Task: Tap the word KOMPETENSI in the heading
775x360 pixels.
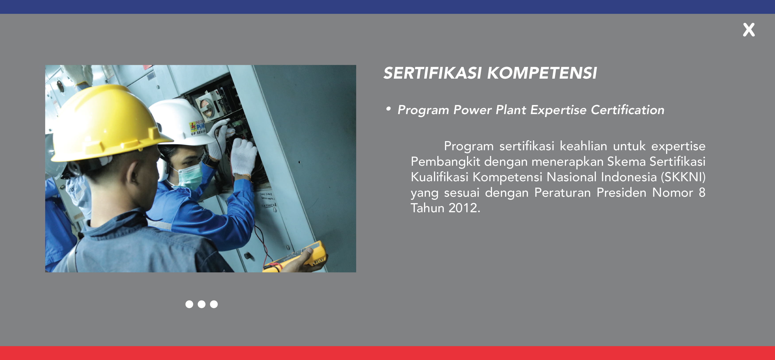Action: coord(542,73)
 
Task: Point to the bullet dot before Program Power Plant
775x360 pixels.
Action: coord(389,109)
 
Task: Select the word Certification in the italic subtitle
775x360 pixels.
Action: coord(628,110)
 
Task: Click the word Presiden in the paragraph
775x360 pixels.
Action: coord(621,192)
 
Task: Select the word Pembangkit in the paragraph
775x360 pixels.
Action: coord(445,162)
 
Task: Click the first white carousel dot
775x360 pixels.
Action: coord(189,304)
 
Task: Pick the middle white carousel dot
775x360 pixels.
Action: coord(201,304)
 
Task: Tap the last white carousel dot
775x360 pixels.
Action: coord(214,304)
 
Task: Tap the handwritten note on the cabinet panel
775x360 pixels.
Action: coord(268,200)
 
